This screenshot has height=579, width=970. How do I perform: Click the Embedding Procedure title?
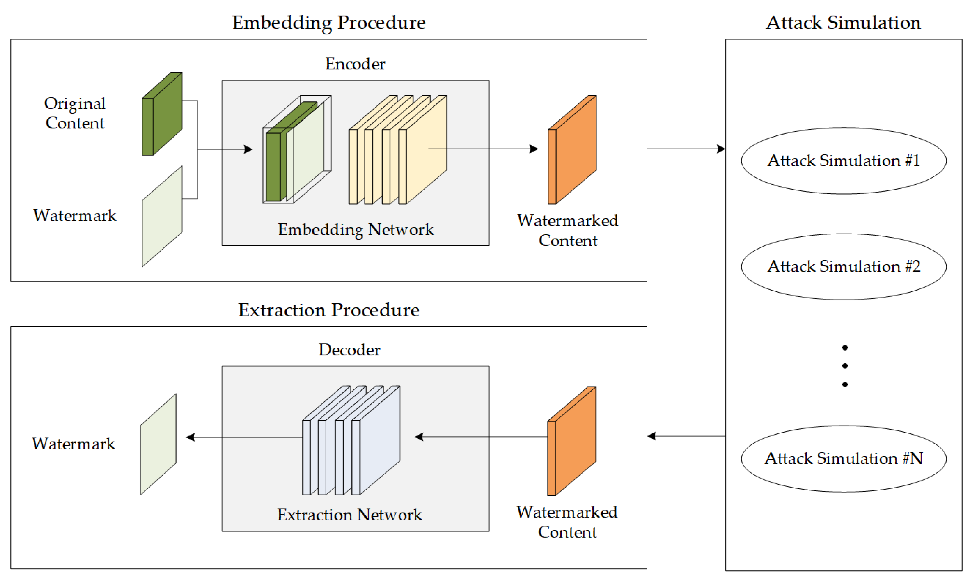pos(329,23)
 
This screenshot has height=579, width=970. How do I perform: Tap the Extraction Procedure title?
pos(329,310)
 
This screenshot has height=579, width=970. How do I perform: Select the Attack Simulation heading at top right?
pos(843,23)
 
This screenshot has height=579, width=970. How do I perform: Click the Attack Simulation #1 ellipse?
pos(844,161)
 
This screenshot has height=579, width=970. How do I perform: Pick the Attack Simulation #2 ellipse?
pos(844,267)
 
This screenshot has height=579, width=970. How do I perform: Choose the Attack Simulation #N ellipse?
pos(844,458)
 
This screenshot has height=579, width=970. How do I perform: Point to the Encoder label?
pos(355,64)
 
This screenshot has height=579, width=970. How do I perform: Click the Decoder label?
pos(349,350)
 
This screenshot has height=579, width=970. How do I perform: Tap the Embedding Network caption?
pos(356,229)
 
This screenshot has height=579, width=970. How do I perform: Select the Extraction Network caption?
pos(349,515)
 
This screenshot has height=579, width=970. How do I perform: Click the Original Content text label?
pos(75,113)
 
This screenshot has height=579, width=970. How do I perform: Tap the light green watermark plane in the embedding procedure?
pos(162,217)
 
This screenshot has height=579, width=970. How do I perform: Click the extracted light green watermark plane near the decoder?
pos(158,444)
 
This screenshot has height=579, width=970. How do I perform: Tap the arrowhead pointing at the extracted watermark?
pos(191,437)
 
